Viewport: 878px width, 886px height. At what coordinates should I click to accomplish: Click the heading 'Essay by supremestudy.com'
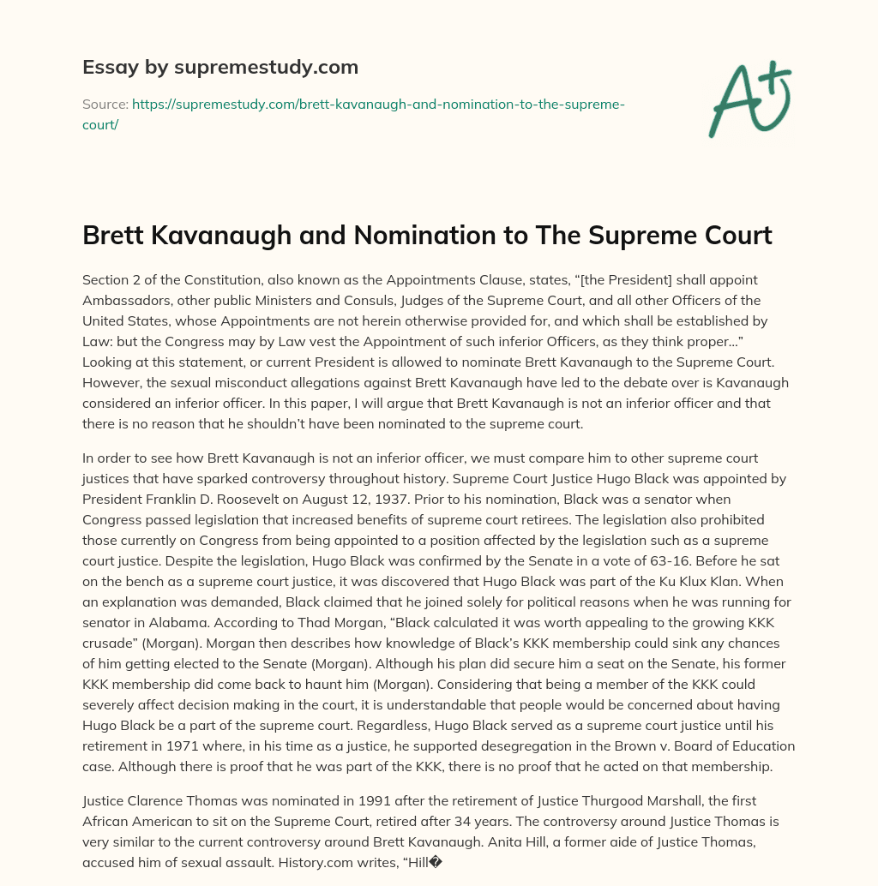219,66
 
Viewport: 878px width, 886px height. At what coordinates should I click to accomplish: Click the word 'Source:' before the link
105,104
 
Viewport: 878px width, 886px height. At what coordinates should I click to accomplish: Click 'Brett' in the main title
111,235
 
